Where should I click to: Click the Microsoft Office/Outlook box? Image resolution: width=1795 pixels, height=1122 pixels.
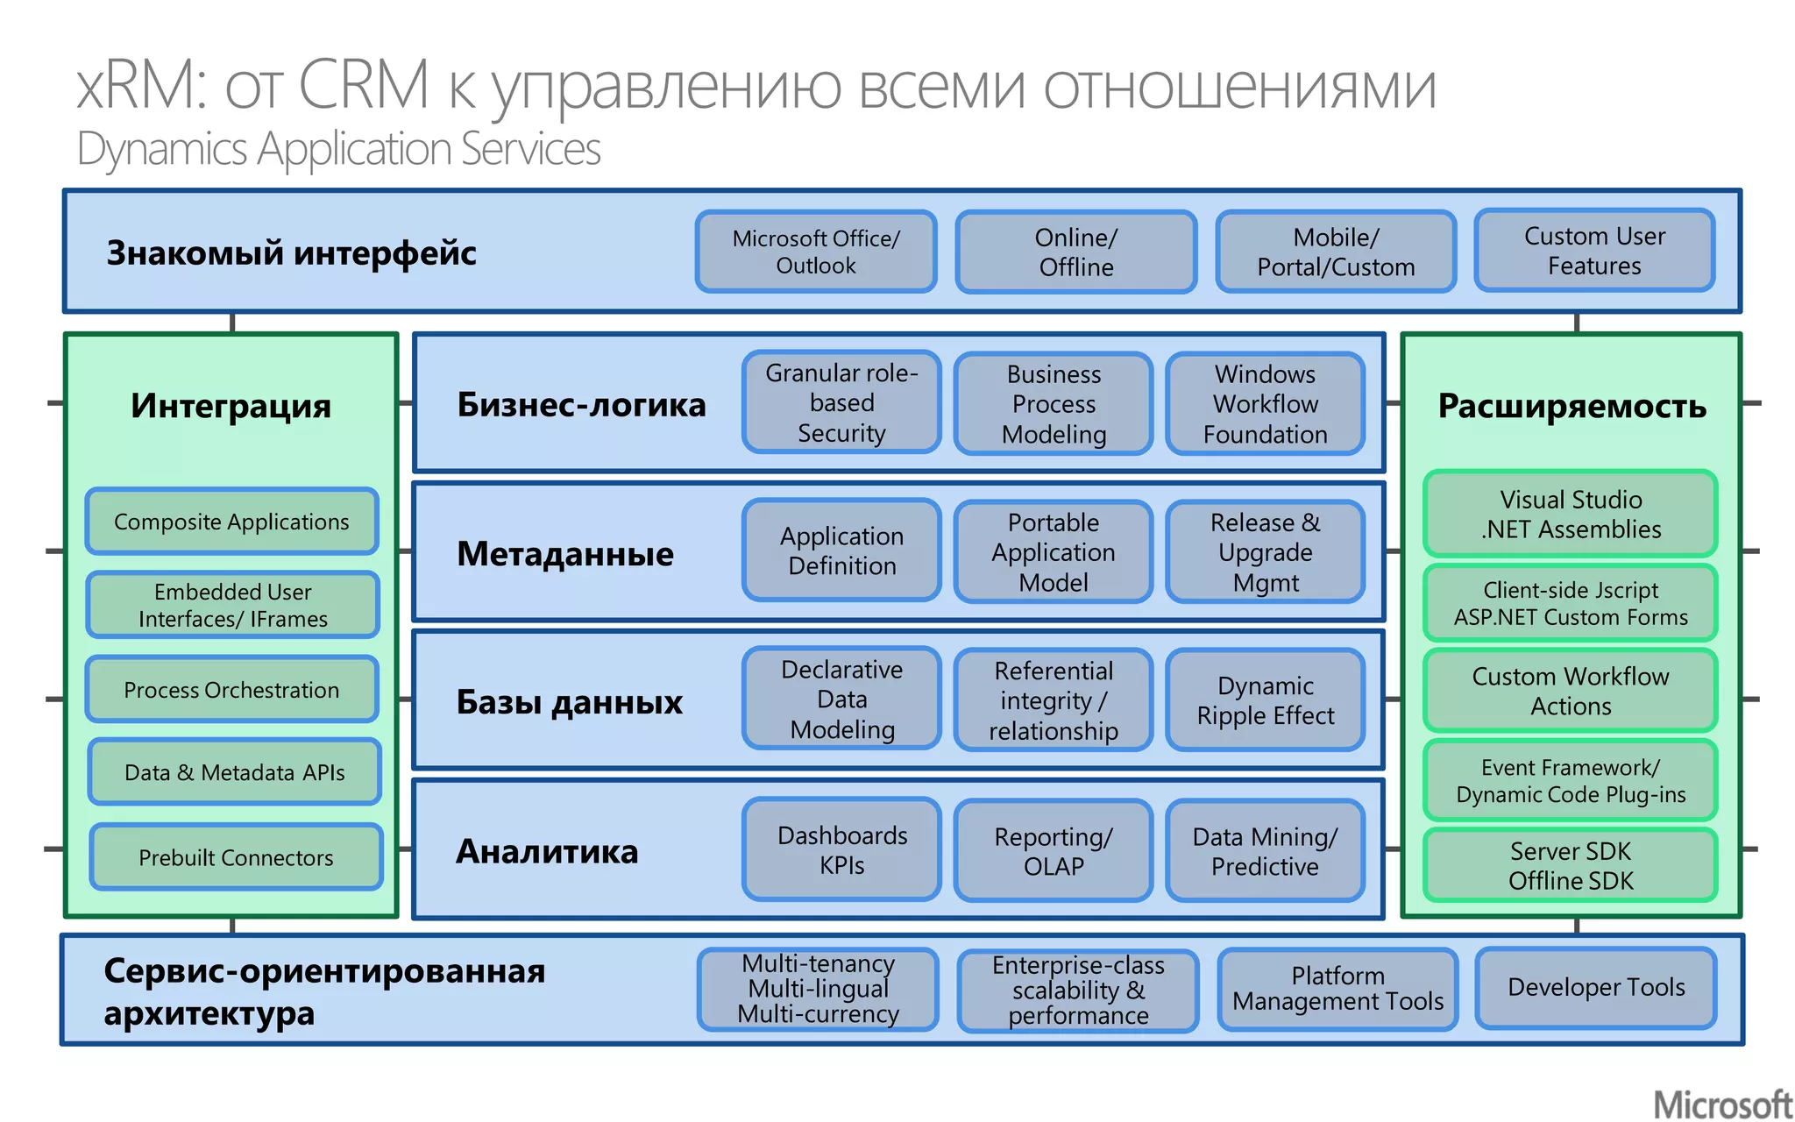pos(816,252)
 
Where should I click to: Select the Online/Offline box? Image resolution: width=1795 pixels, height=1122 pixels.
pos(1076,252)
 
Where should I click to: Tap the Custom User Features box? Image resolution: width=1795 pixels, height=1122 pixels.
pos(1594,251)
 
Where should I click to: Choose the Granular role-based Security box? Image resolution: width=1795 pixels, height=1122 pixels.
pos(841,402)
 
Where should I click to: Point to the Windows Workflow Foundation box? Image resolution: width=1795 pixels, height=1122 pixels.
pos(1265,403)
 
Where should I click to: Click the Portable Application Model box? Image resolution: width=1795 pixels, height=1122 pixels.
pos(1054,552)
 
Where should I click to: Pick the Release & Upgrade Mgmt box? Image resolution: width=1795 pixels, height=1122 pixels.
pos(1265,552)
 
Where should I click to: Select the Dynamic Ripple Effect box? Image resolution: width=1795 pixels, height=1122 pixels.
pos(1265,700)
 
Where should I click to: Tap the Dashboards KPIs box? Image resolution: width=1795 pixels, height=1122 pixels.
pos(841,849)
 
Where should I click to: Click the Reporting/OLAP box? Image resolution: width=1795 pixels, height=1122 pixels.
pos(1054,850)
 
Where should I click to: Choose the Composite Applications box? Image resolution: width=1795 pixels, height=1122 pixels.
pos(232,522)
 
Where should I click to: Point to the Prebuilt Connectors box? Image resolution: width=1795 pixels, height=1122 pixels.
pos(236,857)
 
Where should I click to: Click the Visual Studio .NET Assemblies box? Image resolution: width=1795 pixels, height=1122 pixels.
pos(1571,515)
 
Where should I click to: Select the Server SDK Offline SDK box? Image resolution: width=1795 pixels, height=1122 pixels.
pos(1571,865)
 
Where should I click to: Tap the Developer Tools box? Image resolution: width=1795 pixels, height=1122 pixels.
pos(1596,987)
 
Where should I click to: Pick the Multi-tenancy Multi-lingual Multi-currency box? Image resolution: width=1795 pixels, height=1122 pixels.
pos(818,989)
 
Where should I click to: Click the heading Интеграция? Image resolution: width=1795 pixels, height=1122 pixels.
pos(231,406)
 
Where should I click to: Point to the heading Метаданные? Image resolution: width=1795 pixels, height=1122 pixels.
pos(565,554)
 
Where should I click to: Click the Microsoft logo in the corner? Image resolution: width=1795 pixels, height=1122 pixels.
pos(1722,1104)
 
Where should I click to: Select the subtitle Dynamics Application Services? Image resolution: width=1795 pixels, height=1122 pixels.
pos(338,148)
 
